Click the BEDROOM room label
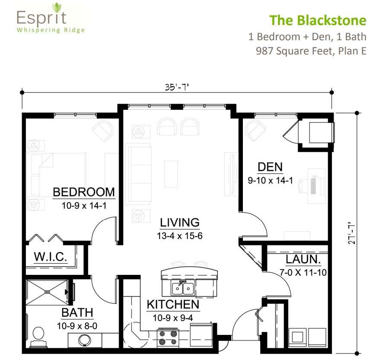pos(84,192)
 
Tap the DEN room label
pos(270,167)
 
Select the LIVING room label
pos(180,223)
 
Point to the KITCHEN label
pos(173,304)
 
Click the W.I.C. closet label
pos(51,258)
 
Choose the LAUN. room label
pos(303,260)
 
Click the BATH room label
pos(77,312)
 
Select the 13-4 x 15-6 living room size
pos(180,236)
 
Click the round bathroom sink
pos(86,340)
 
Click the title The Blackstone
pos(318,20)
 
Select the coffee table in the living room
pos(171,174)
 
